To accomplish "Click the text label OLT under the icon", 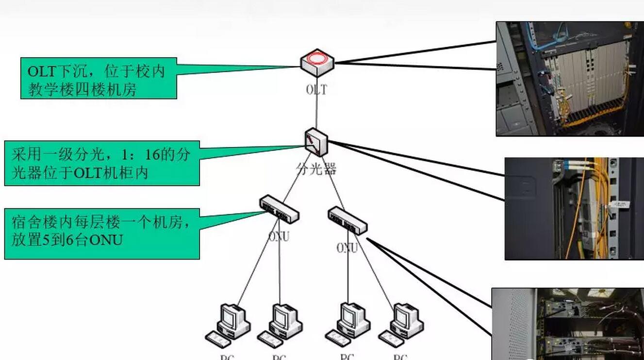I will pyautogui.click(x=316, y=89).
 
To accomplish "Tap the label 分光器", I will pyautogui.click(x=316, y=169).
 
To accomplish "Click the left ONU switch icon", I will pyautogui.click(x=279, y=209).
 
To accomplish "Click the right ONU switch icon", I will pyautogui.click(x=347, y=221).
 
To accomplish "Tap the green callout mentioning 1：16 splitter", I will pyautogui.click(x=102, y=163).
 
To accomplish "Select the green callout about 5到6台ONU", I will pyautogui.click(x=102, y=233).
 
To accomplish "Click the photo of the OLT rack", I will pyautogui.click(x=570, y=79).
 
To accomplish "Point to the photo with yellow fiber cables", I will pyautogui.click(x=574, y=208).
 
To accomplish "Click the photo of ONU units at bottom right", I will pyautogui.click(x=568, y=324).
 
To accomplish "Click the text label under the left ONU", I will pyautogui.click(x=279, y=237).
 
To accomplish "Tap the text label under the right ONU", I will pyautogui.click(x=347, y=248).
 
